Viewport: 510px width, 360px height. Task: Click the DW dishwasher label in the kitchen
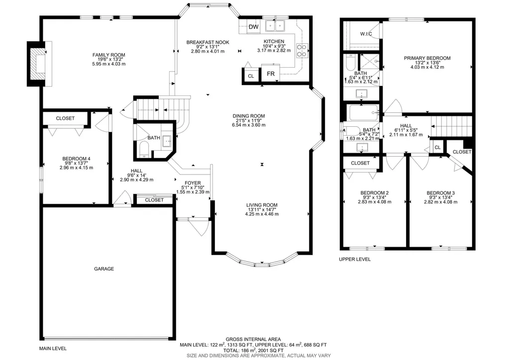tap(253, 27)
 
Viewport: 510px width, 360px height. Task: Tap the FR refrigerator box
tap(271, 74)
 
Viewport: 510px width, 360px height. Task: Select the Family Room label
tap(108, 55)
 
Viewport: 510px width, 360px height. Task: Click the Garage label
tap(104, 269)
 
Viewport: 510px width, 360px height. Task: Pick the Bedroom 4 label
tap(77, 159)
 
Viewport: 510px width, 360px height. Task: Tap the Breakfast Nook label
tap(208, 42)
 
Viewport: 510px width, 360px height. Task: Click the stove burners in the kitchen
tap(302, 50)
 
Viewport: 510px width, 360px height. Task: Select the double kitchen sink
tap(275, 25)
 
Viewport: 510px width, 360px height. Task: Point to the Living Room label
tap(262, 205)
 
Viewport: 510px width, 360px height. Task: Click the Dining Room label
tap(249, 116)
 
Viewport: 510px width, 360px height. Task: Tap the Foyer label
tap(193, 183)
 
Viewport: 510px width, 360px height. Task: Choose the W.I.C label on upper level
tap(366, 34)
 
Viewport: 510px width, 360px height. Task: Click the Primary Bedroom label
tap(427, 58)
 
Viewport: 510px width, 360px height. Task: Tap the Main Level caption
tap(53, 348)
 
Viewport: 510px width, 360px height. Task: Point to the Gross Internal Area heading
tap(253, 339)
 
